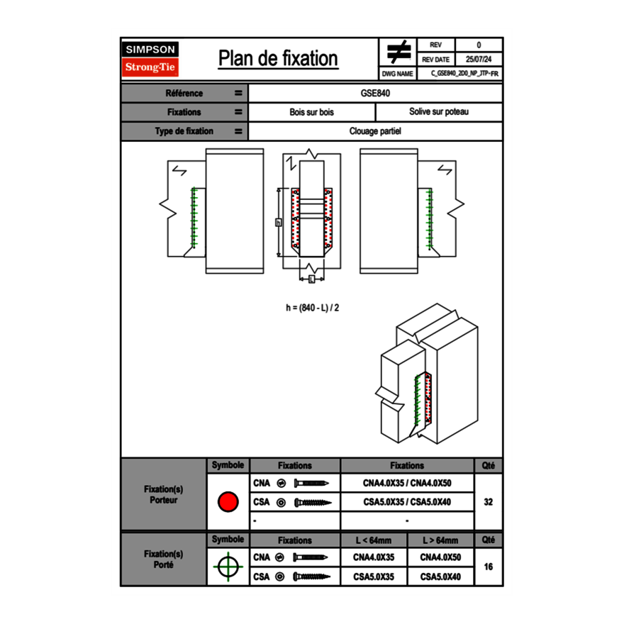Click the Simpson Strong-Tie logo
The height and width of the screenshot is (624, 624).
click(x=150, y=59)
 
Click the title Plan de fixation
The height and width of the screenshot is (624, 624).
click(x=278, y=58)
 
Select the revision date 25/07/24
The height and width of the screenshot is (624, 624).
click(x=478, y=60)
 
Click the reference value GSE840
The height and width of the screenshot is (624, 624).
click(x=375, y=93)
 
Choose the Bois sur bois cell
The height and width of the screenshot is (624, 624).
click(x=311, y=112)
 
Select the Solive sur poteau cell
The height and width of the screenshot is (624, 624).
click(x=438, y=112)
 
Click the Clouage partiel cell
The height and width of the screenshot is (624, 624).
click(x=375, y=131)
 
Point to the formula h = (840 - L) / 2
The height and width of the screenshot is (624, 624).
click(x=307, y=308)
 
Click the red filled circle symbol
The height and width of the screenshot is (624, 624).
click(x=228, y=502)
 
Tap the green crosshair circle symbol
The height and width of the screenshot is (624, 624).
click(x=228, y=567)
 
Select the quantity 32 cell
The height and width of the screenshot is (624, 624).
click(x=488, y=502)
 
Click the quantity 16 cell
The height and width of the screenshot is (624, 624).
click(x=488, y=567)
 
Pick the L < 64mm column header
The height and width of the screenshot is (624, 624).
click(x=374, y=540)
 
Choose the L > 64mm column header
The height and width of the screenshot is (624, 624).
click(x=440, y=540)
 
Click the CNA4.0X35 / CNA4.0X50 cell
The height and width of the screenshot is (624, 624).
click(x=407, y=484)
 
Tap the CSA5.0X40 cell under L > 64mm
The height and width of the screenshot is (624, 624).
click(x=440, y=577)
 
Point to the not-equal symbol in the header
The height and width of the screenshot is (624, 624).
click(x=399, y=52)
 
